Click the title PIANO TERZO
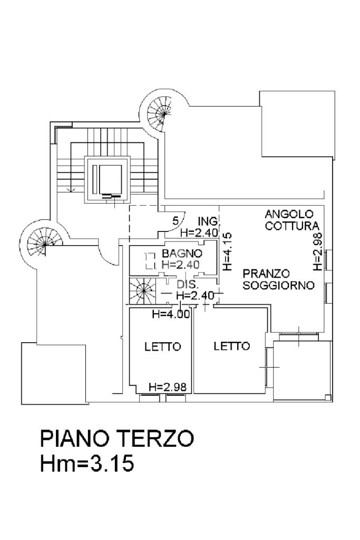117,439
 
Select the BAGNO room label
182,254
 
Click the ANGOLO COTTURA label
289,220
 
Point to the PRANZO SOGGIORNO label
279,279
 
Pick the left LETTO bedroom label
163,347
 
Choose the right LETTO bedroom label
231,346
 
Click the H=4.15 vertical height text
227,252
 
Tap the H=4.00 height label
170,315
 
